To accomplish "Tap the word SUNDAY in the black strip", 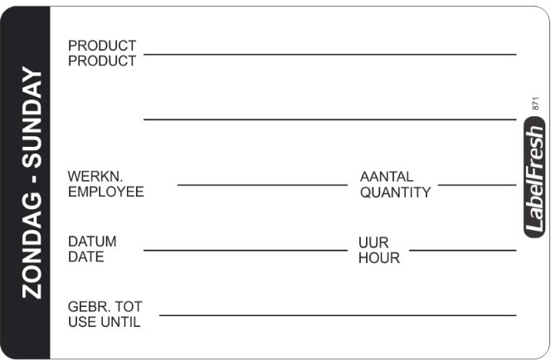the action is [32, 118].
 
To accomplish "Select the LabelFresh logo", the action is [534, 178].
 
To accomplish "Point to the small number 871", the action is [535, 103].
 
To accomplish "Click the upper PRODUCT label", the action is [102, 46].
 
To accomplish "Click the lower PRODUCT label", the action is [102, 61].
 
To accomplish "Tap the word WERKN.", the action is [95, 176].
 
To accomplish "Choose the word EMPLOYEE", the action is [106, 192].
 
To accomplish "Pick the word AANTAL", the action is [387, 177].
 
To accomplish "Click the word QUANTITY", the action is [395, 192].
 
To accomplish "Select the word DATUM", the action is [92, 241].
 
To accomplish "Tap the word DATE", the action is [86, 256].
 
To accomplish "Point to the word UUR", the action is [373, 243].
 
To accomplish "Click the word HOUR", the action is [379, 258].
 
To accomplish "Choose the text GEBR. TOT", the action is [105, 306].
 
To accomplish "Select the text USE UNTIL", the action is [105, 322].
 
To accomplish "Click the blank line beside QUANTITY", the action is [477, 185].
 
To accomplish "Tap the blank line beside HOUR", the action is [463, 251].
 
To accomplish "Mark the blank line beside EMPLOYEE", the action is [262, 185].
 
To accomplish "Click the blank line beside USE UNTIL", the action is [338, 315].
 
